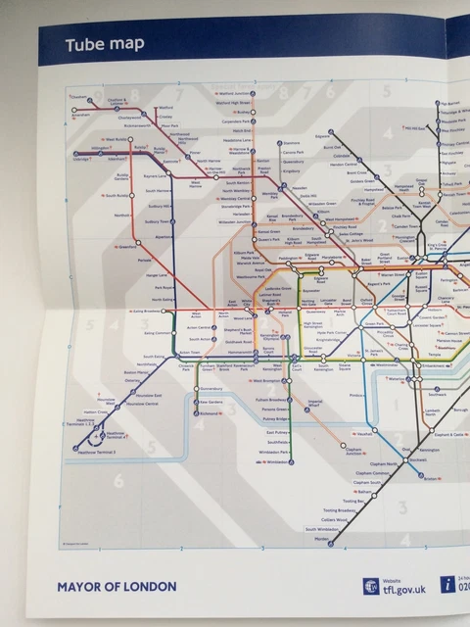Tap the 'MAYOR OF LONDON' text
tap(117, 587)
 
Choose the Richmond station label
tap(211, 413)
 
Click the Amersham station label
tap(81, 115)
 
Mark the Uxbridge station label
tap(81, 159)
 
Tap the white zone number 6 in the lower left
tap(118, 480)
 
